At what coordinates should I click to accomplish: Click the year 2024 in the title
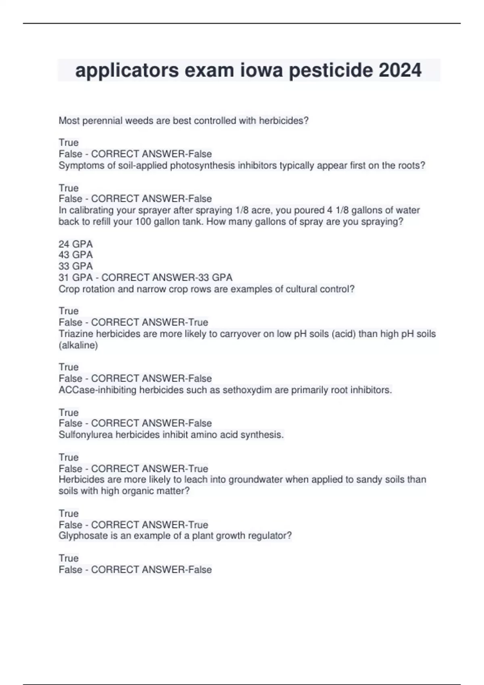(400, 71)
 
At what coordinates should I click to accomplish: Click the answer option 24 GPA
(76, 244)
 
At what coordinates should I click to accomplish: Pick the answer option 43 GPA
(76, 255)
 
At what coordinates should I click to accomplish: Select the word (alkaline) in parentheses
(78, 345)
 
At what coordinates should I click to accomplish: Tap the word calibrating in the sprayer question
(91, 210)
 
